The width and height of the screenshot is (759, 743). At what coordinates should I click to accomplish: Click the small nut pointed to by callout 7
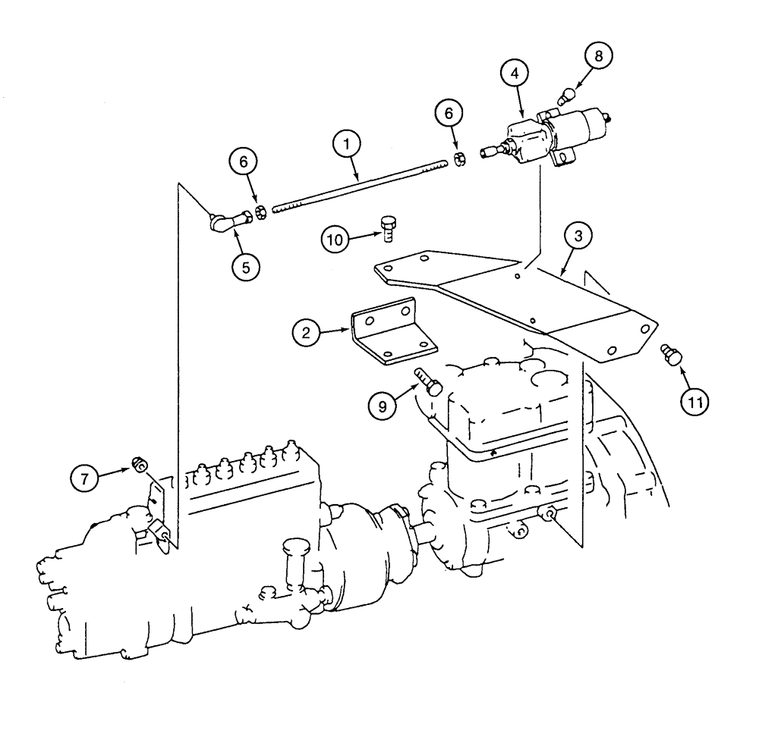138,463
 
